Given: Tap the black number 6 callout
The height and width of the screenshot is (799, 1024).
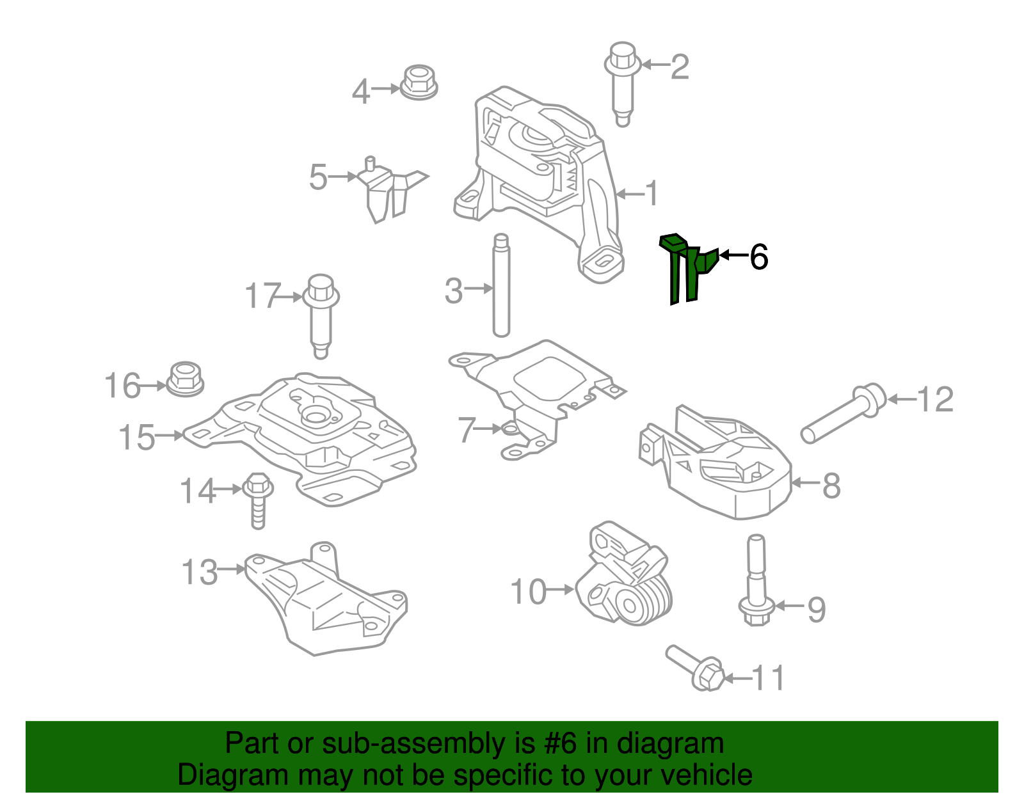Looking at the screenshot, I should [x=758, y=257].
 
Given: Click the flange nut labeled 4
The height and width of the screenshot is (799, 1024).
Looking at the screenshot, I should [x=419, y=83].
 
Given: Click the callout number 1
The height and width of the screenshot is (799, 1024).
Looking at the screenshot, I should [x=652, y=193].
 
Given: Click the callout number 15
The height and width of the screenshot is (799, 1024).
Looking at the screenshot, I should [x=137, y=438].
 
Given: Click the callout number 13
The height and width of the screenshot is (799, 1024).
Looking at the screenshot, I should [x=200, y=572].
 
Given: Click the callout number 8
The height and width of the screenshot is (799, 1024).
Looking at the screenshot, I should [x=831, y=486].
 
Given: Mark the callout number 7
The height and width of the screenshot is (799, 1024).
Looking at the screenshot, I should [x=467, y=430].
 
